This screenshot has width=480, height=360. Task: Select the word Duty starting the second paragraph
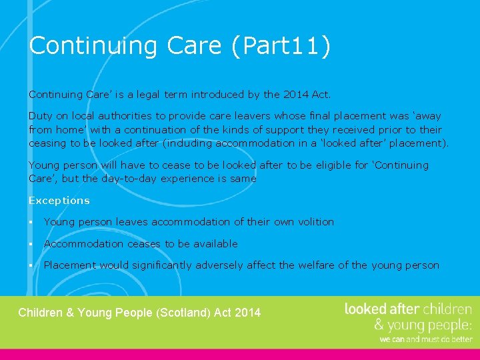click(x=39, y=117)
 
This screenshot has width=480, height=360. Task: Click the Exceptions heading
click(x=59, y=201)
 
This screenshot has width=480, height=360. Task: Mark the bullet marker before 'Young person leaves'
click(x=31, y=222)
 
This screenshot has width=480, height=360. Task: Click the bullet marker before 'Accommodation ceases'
click(x=31, y=244)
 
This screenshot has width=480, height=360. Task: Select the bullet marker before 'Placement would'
click(x=31, y=265)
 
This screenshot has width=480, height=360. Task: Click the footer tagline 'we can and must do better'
click(x=425, y=339)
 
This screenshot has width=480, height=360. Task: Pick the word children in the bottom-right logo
click(x=447, y=309)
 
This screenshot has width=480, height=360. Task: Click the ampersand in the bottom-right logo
click(x=378, y=325)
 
